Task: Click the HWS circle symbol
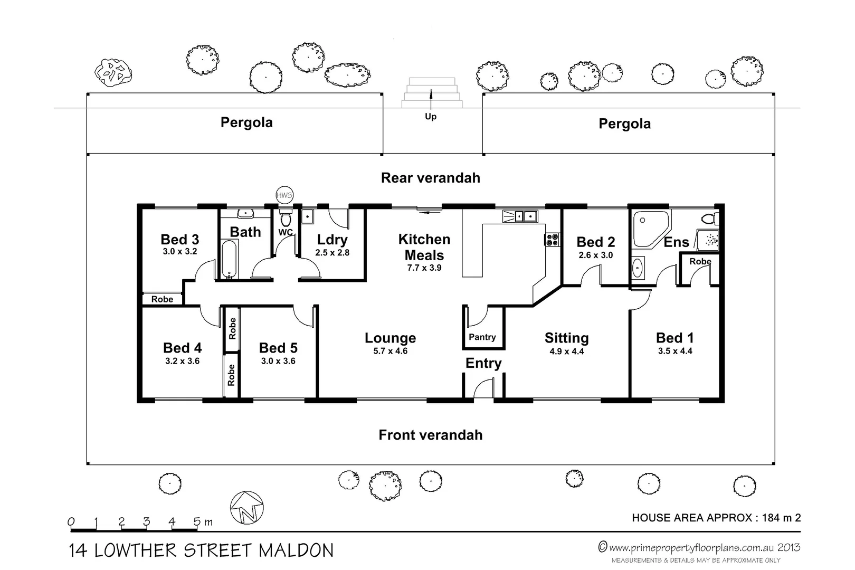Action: click(284, 195)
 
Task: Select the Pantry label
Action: click(482, 337)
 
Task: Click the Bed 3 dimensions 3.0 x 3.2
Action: click(180, 252)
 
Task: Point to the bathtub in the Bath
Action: click(229, 259)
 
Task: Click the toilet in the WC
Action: click(286, 220)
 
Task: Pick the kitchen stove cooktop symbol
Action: click(552, 240)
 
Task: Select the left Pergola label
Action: click(246, 122)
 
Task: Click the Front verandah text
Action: click(431, 435)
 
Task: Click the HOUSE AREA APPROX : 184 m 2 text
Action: click(716, 518)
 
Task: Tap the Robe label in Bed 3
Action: click(162, 299)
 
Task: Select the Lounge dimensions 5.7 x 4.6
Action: click(391, 351)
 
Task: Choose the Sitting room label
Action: click(566, 338)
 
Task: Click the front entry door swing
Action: click(482, 391)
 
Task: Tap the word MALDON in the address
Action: click(296, 550)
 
